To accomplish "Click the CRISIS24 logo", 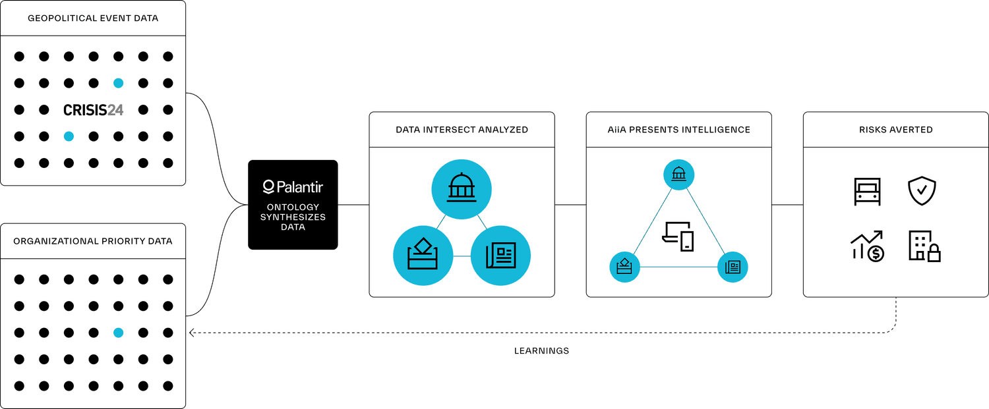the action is click(x=93, y=110).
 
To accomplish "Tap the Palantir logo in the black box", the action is click(x=293, y=187).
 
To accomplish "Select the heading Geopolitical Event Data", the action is click(x=93, y=18).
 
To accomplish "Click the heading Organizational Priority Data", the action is click(x=93, y=241).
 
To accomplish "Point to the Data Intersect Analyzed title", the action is click(x=462, y=130).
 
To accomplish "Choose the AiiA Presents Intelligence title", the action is click(x=678, y=130).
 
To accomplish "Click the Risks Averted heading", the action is click(x=896, y=130).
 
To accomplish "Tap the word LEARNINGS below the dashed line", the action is click(x=541, y=351).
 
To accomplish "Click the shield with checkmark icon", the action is click(x=922, y=191).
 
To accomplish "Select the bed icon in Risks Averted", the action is click(x=867, y=192).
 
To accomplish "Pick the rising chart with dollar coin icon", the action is click(x=867, y=246).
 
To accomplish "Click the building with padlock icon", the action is click(x=924, y=246).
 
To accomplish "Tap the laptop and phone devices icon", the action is click(x=678, y=236).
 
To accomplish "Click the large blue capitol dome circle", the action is click(x=462, y=189).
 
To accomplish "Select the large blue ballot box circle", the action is click(x=423, y=256).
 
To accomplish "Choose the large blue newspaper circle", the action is click(x=500, y=256).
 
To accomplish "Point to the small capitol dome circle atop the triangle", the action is click(x=678, y=175).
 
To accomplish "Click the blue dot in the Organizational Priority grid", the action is click(x=118, y=333).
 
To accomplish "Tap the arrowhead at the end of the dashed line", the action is click(x=191, y=333).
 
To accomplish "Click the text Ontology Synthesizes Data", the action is click(x=293, y=217).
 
